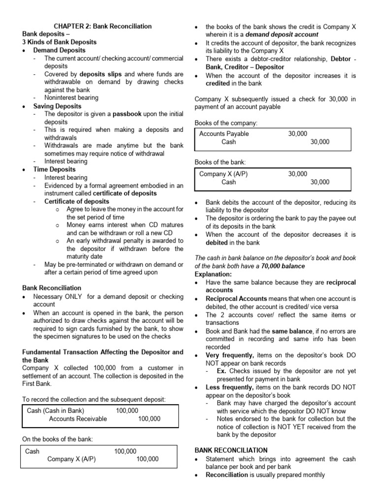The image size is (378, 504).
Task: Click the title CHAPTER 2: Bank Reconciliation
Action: [x=102, y=26]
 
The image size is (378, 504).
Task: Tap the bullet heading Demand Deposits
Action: [x=59, y=50]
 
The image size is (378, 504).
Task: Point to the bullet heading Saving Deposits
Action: [x=58, y=106]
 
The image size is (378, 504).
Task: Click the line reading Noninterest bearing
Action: [x=71, y=98]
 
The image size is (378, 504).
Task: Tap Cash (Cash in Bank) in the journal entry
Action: [x=56, y=410]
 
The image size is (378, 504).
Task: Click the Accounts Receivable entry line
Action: [x=78, y=419]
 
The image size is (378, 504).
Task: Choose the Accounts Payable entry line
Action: [x=224, y=134]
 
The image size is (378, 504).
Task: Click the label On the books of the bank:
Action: [x=58, y=439]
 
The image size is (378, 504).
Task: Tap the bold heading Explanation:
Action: [x=213, y=274]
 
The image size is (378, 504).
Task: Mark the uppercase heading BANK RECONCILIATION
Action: [x=231, y=450]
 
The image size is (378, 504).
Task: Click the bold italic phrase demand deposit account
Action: [x=282, y=34]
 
